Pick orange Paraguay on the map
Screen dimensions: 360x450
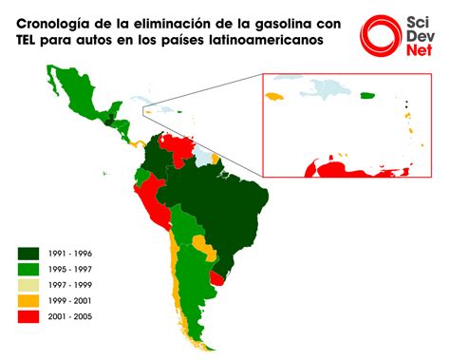(202, 249)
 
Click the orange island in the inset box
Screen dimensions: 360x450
(276, 97)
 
